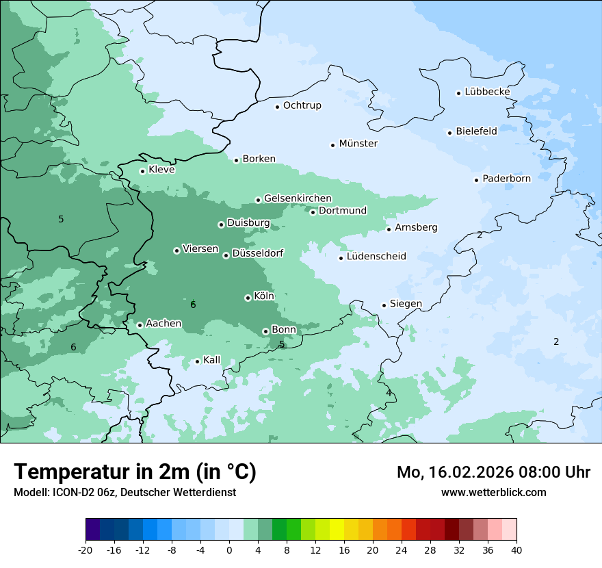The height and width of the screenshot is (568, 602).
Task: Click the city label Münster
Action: pyautogui.click(x=358, y=144)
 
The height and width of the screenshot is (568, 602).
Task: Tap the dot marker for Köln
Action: pyautogui.click(x=248, y=298)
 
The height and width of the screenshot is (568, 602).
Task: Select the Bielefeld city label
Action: pyautogui.click(x=476, y=131)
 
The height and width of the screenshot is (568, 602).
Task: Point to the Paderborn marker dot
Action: pyautogui.click(x=476, y=180)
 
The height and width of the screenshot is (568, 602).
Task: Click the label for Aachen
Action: pyautogui.click(x=163, y=323)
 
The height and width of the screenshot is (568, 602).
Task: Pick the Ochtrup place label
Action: pyautogui.click(x=302, y=105)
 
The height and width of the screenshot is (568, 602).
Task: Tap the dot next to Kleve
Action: pyautogui.click(x=142, y=171)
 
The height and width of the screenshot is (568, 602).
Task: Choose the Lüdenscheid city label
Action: pyautogui.click(x=376, y=257)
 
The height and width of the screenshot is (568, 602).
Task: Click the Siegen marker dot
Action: pyautogui.click(x=384, y=305)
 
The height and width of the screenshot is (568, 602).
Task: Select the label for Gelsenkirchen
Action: pyautogui.click(x=298, y=198)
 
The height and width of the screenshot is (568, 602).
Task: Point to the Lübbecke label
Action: pyautogui.click(x=487, y=92)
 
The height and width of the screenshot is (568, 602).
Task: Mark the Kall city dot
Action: pyautogui.click(x=197, y=361)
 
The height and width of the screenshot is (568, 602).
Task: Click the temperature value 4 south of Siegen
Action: pyautogui.click(x=389, y=393)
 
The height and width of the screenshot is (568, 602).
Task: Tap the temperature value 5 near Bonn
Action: pyautogui.click(x=282, y=344)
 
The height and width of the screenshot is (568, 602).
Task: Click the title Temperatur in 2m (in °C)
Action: pyautogui.click(x=135, y=472)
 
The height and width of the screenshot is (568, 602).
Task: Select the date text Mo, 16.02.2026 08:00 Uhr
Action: pyautogui.click(x=493, y=472)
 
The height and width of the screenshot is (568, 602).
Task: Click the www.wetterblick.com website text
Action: pyautogui.click(x=493, y=492)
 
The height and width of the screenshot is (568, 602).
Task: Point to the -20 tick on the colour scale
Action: pyautogui.click(x=86, y=550)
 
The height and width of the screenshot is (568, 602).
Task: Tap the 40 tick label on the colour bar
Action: pyautogui.click(x=516, y=550)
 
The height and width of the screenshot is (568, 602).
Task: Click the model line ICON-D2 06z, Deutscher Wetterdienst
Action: pyautogui.click(x=125, y=492)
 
